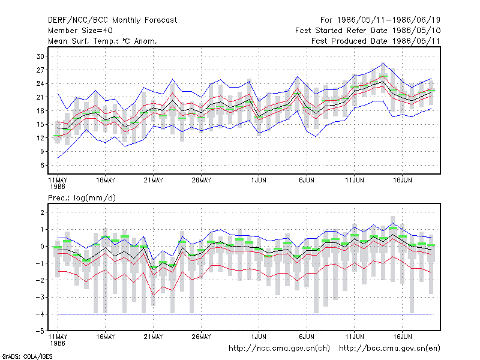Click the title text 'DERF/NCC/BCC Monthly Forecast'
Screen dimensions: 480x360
[112, 20]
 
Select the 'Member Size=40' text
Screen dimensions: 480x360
[80, 31]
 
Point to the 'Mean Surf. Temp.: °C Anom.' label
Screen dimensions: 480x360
[103, 41]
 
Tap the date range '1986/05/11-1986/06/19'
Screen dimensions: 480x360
[389, 20]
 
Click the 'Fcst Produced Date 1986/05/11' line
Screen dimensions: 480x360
[376, 41]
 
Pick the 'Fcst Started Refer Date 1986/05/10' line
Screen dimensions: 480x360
[368, 31]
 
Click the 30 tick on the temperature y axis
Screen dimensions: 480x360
[40, 56]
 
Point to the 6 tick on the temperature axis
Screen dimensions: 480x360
[42, 166]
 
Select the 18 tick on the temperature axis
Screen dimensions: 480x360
[40, 111]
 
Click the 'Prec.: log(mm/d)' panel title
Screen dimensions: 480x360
[82, 198]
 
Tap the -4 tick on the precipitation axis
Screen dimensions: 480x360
[40, 314]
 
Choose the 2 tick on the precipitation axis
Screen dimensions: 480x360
[42, 212]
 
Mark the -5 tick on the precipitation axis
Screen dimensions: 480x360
[40, 331]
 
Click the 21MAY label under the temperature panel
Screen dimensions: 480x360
[154, 181]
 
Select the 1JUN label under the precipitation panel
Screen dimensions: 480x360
[259, 337]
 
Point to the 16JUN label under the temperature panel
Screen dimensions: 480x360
[402, 181]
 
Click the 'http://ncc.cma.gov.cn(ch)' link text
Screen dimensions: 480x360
[279, 349]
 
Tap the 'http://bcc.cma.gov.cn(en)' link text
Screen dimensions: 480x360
[389, 349]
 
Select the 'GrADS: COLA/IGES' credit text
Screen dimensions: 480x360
[27, 356]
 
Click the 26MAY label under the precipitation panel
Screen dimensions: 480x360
[201, 337]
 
